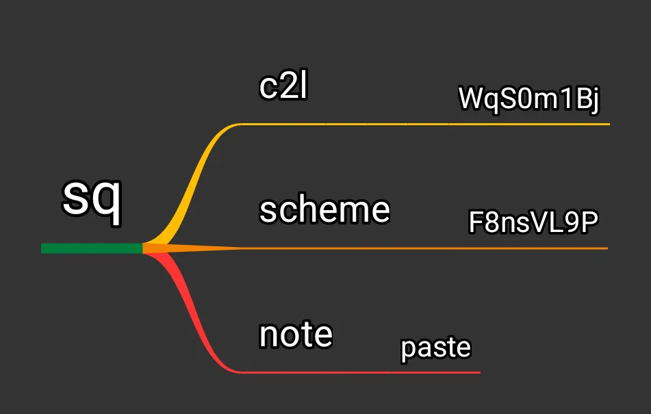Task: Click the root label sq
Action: pos(92,198)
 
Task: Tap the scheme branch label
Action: pos(324,209)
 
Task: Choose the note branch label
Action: pos(296,335)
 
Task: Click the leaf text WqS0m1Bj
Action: pos(528,99)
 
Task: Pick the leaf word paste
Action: pos(436,348)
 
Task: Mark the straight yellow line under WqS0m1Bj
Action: pos(424,125)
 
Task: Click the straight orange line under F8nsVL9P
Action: pos(424,248)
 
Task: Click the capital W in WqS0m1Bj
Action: pos(470,99)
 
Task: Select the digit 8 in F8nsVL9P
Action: pos(492,222)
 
